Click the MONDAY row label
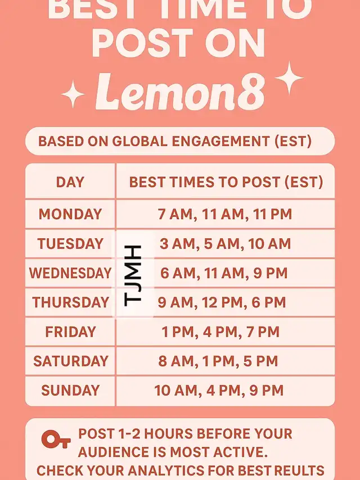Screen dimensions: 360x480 [x=70, y=214]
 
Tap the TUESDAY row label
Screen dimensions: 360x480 [x=70, y=244]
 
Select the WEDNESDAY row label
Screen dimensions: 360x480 [x=70, y=273]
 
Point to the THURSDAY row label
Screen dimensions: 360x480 [x=70, y=302]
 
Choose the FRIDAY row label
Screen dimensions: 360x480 [x=70, y=332]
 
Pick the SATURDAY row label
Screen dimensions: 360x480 [x=71, y=361]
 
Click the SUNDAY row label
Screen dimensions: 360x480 [x=70, y=390]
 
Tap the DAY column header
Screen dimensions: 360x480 [x=70, y=182]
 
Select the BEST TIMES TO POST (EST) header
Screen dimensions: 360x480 [x=226, y=182]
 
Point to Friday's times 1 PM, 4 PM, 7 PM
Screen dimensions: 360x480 [x=220, y=332]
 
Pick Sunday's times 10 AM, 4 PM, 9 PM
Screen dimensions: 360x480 [x=219, y=391]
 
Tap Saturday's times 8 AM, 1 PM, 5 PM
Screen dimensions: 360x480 [x=218, y=361]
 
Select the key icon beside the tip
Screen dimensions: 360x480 [x=56, y=439]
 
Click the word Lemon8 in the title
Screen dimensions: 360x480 [x=180, y=92]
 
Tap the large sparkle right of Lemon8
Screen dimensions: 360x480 [x=289, y=78]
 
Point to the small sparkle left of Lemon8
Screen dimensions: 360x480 [x=73, y=94]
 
